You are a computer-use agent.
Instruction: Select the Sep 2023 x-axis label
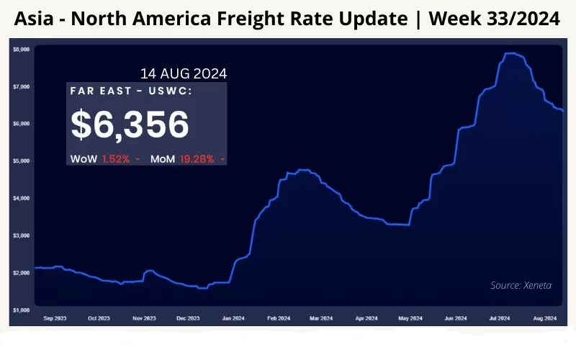pyautogui.click(x=55, y=318)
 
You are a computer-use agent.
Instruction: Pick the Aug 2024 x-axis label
pyautogui.click(x=544, y=318)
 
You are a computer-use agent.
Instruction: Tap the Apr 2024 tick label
pyautogui.click(x=366, y=318)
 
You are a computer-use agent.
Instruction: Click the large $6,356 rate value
pyautogui.click(x=130, y=125)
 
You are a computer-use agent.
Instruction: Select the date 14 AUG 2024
pyautogui.click(x=184, y=73)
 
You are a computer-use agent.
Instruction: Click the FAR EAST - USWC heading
pyautogui.click(x=131, y=91)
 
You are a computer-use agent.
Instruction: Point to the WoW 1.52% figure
pyautogui.click(x=100, y=158)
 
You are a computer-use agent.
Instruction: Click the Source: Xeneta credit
pyautogui.click(x=521, y=285)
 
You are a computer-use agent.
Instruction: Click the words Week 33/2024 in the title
pyautogui.click(x=495, y=19)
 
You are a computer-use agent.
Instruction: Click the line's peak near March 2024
pyautogui.click(x=303, y=170)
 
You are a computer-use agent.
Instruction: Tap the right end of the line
pyautogui.click(x=562, y=110)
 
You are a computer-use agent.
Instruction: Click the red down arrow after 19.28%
pyautogui.click(x=223, y=159)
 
